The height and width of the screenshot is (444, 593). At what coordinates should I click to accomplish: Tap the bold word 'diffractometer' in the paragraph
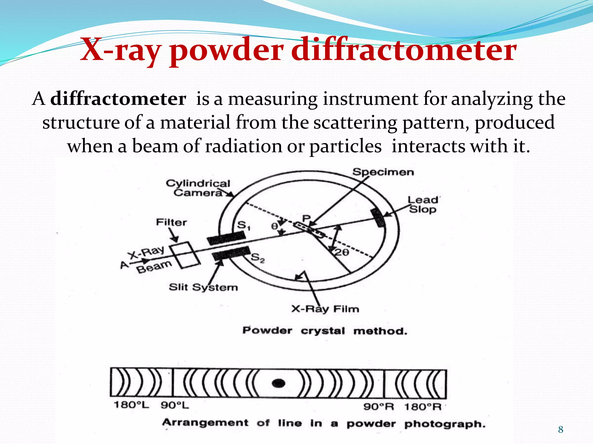pos(118,99)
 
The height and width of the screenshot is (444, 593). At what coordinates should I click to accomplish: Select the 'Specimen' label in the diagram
pos(383,172)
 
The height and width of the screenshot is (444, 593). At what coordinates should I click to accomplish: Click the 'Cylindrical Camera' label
pos(198,188)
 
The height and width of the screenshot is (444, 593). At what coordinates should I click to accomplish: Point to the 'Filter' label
pos(171,222)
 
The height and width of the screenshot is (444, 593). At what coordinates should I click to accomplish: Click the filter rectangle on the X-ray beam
pos(184,255)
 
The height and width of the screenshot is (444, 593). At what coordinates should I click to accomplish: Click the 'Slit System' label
pos(203,287)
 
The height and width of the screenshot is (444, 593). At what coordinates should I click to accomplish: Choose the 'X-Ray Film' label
pos(325,309)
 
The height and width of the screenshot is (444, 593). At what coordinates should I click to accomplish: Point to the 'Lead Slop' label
pos(423,204)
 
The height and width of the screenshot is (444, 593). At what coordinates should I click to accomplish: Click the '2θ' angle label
pos(342,252)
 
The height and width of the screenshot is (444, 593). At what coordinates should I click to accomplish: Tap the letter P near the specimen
pos(306,218)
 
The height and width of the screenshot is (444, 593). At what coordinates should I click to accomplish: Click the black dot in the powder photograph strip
pos(279,383)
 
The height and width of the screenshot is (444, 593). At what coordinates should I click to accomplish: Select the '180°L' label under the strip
pos(131,405)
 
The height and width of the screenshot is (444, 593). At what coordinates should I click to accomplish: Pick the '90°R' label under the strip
pos(378,407)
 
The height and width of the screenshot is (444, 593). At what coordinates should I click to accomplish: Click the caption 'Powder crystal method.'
pos(325,331)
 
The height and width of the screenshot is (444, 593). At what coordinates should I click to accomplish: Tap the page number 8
pos(561,430)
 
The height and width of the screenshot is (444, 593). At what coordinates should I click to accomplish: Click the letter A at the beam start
pos(124,264)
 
